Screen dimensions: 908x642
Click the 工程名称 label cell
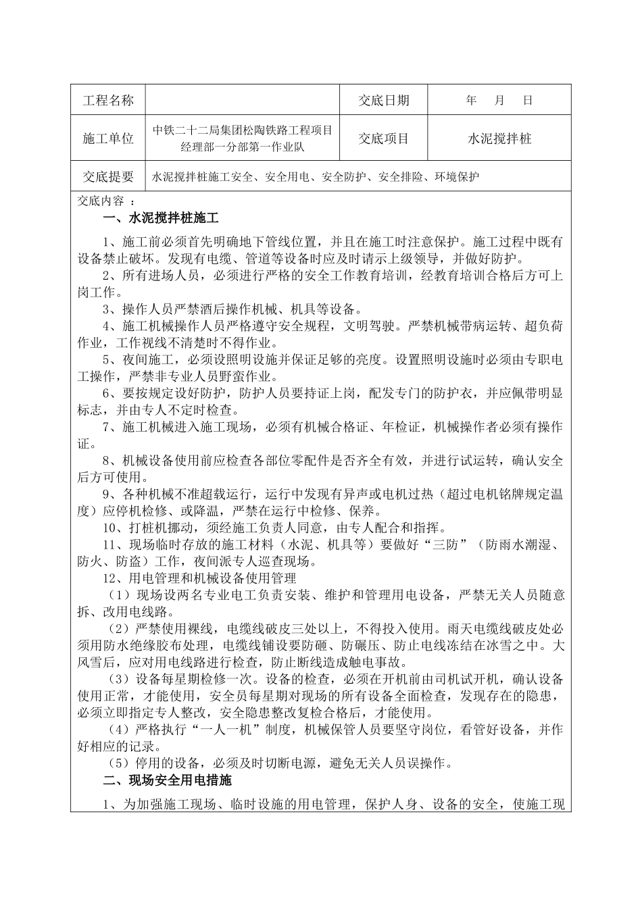(107, 101)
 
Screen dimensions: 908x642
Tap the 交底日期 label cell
(383, 101)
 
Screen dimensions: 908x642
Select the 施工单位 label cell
(107, 138)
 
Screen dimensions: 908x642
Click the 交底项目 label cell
(383, 138)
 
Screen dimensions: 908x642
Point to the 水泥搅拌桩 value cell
(499, 138)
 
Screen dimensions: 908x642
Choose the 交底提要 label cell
(107, 177)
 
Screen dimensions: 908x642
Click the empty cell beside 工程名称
(241, 101)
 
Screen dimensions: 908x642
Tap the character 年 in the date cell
(471, 101)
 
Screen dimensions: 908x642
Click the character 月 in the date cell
(499, 101)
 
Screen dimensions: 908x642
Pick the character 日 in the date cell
(528, 101)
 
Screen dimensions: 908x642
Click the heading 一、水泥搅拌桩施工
(161, 218)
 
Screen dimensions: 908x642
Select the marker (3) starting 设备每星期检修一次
(120, 679)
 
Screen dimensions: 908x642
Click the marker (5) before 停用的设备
(120, 763)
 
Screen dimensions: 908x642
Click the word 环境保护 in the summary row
(457, 177)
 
